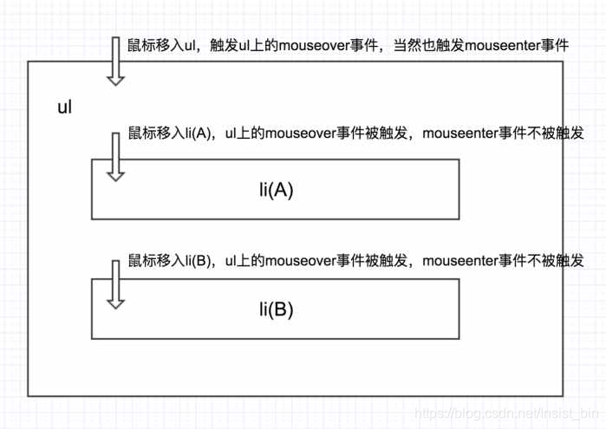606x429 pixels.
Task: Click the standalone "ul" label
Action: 64,108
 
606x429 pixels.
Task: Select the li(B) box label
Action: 277,308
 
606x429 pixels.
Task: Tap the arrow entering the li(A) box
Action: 115,156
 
